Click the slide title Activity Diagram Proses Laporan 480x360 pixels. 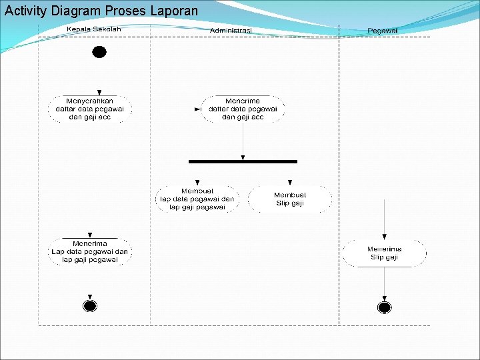(101, 11)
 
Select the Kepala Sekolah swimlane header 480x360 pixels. (94, 29)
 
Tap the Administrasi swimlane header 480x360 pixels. (231, 31)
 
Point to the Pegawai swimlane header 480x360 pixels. (383, 31)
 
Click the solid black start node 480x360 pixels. (99, 52)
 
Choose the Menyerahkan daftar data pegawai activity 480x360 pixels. (89, 109)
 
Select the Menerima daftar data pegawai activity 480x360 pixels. (243, 109)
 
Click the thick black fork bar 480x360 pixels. (243, 161)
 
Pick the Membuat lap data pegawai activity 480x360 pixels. (197, 199)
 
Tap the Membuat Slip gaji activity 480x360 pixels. (290, 199)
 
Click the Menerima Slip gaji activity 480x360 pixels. (384, 253)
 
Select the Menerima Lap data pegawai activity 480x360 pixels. (90, 252)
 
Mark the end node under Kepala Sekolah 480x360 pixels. (90, 306)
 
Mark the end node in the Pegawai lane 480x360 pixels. (384, 307)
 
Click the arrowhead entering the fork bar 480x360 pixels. (243, 157)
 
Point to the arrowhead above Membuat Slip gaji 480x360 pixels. (290, 182)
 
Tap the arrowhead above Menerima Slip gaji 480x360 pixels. (385, 236)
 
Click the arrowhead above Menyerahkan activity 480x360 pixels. (99, 93)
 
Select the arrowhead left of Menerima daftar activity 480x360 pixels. (197, 109)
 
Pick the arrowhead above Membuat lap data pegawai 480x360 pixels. (197, 182)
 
